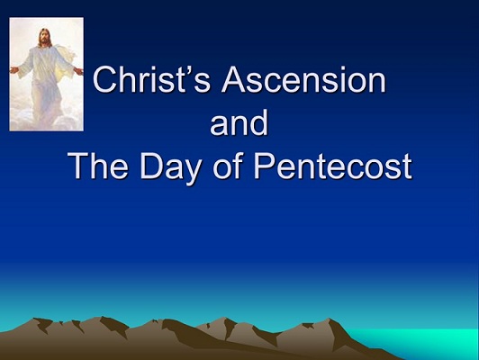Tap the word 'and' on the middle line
pos(239,123)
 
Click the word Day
pos(172,166)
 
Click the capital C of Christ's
pos(106,83)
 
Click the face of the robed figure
pos(45,37)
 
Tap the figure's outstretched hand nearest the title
pos(78,69)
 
